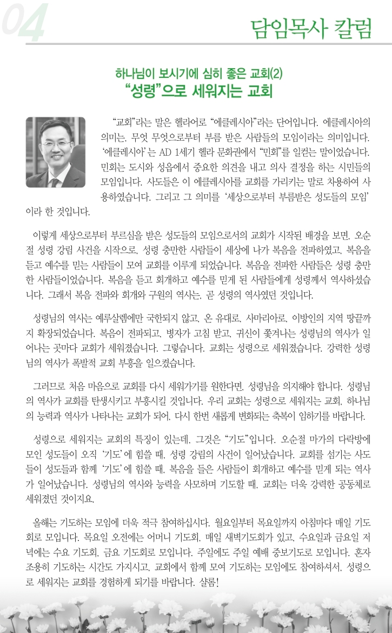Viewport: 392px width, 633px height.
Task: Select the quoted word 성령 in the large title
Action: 151,89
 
